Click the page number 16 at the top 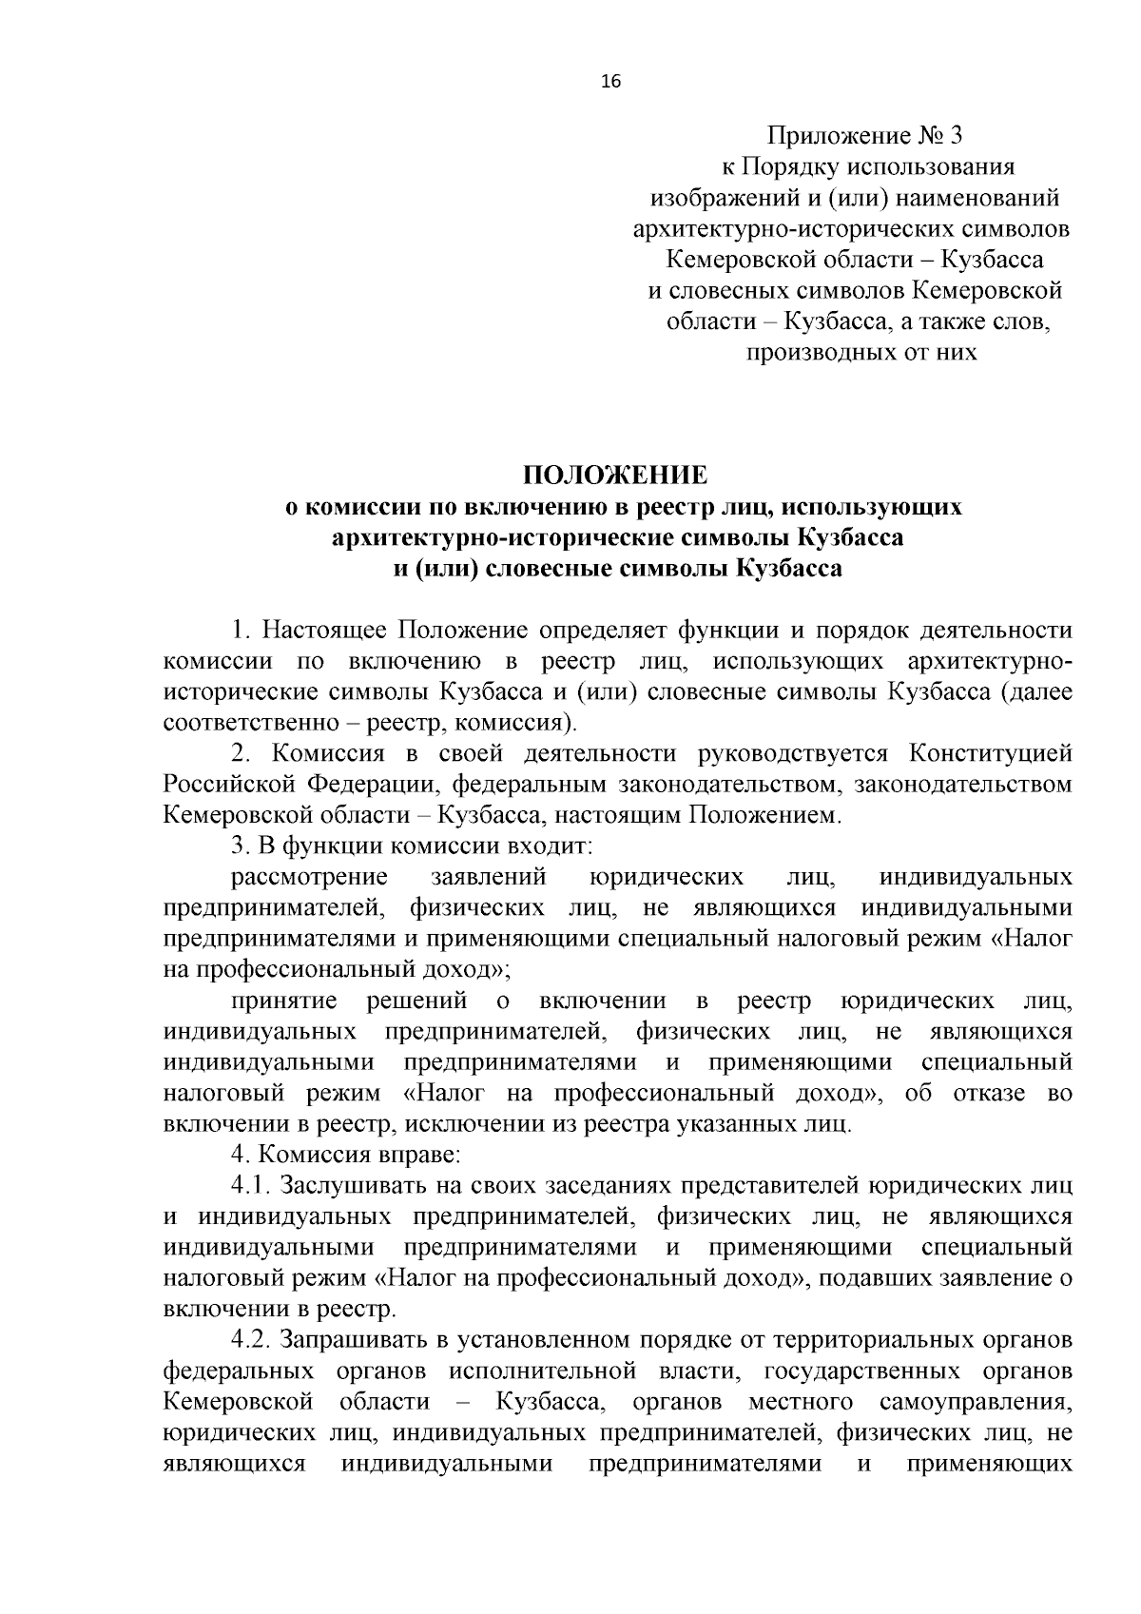[610, 83]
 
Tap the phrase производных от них [861, 353]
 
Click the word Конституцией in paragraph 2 [990, 754]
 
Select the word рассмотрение [310, 877]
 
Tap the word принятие [284, 1001]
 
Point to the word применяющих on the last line [989, 1465]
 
